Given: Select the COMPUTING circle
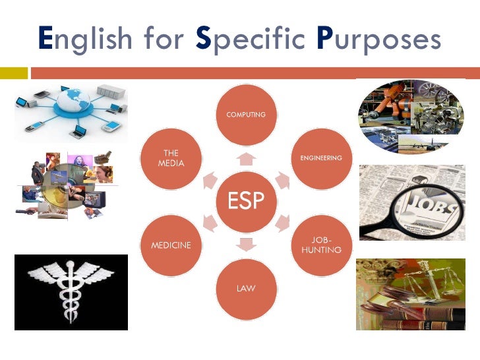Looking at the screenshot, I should tap(246, 117).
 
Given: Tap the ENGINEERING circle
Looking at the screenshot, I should tap(320, 160).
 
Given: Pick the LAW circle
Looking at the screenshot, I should tap(246, 288).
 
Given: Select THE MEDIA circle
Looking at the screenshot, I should tap(171, 159).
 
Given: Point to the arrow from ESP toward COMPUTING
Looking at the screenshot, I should tap(246, 158).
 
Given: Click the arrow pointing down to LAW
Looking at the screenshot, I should tap(246, 245).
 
